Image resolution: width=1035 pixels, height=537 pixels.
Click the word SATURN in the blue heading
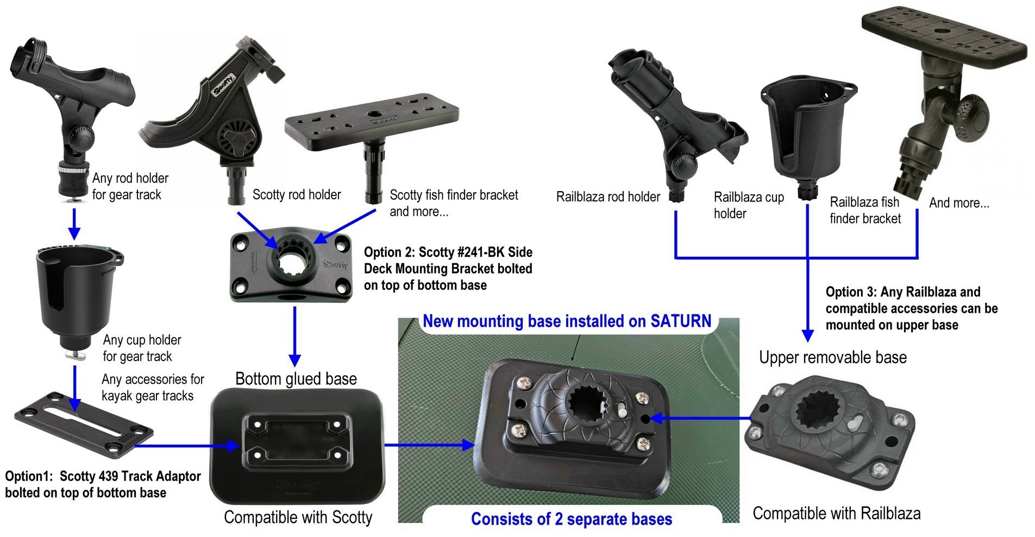point(681,321)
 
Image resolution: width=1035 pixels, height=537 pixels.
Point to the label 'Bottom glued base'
point(296,378)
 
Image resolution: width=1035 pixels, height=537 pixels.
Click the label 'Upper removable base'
point(833,357)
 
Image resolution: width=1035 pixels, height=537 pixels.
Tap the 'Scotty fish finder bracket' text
point(454,195)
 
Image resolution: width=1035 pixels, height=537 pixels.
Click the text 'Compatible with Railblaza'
point(837,513)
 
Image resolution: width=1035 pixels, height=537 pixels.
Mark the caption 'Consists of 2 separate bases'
point(572,519)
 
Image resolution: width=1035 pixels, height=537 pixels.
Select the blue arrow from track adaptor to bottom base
point(188,446)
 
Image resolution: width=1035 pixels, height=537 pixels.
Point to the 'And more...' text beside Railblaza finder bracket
point(959,203)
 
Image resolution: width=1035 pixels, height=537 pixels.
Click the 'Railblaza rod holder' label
point(608,197)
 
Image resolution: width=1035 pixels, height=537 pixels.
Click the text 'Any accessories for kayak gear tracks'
point(153,387)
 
